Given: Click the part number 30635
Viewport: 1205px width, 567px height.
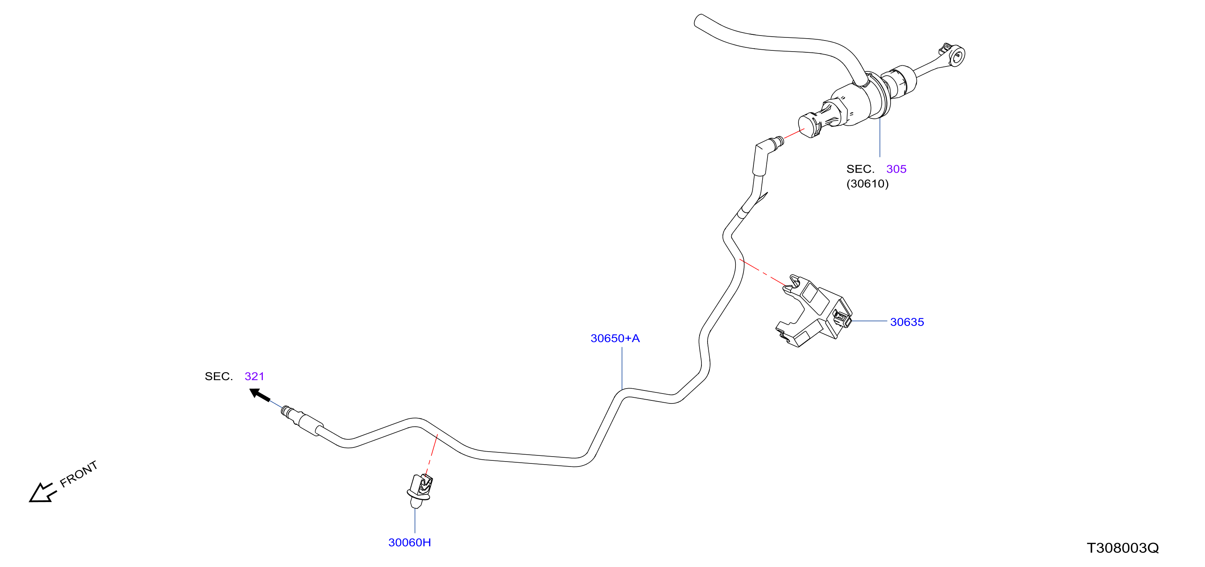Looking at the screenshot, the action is [907, 322].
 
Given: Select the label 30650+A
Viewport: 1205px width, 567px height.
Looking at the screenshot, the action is [615, 338].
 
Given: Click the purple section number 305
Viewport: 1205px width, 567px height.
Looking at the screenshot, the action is [896, 169].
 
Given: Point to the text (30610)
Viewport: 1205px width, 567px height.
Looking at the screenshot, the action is [867, 183].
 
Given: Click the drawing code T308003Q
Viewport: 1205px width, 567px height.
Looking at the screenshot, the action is [1123, 548].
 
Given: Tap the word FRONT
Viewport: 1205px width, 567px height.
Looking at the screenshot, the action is [79, 473].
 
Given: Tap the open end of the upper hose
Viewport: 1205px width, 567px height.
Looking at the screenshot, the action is [699, 21].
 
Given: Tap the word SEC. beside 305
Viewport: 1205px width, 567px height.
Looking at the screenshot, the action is [860, 169].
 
